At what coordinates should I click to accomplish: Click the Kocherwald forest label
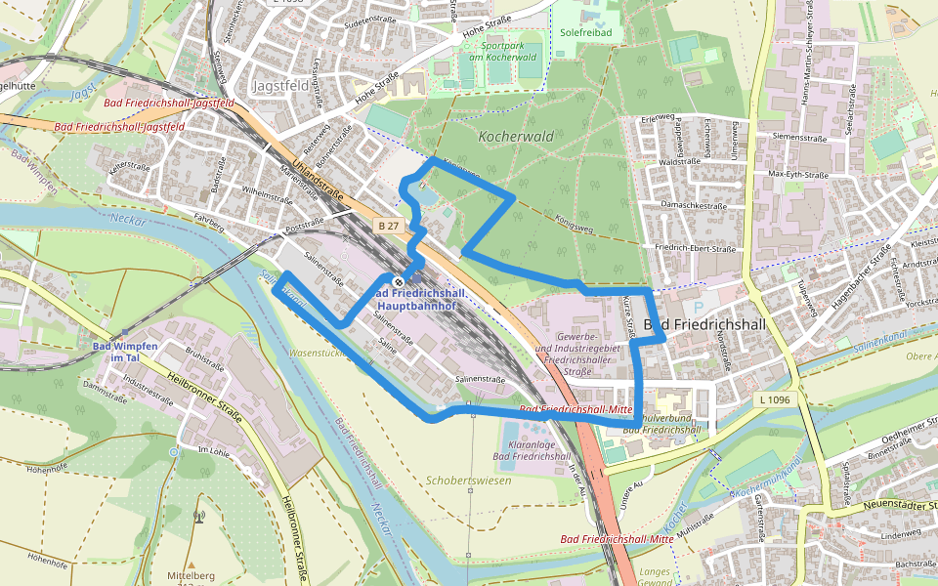click(x=516, y=137)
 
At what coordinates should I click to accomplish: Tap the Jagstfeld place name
click(x=280, y=86)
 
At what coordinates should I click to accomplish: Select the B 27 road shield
click(x=388, y=226)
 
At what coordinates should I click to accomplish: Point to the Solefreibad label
click(x=585, y=32)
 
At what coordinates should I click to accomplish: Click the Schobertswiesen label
click(x=470, y=481)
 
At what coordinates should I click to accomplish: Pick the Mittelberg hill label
click(x=192, y=575)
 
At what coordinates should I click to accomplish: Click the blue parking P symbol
click(x=700, y=306)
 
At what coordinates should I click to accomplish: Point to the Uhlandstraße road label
click(x=322, y=183)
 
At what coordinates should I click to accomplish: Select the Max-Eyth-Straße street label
click(x=798, y=175)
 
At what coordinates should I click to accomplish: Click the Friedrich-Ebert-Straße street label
click(x=695, y=249)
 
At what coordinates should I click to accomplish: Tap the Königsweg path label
click(x=574, y=222)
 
